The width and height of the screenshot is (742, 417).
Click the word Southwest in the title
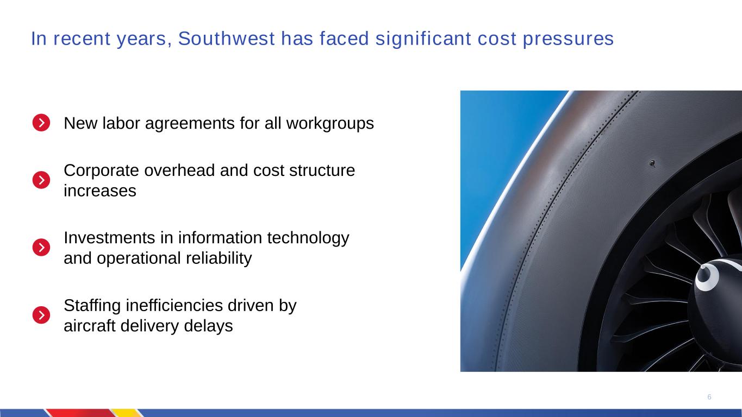point(226,39)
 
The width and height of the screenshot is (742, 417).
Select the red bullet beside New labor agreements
point(41,123)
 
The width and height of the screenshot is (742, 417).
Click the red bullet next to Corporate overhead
point(41,180)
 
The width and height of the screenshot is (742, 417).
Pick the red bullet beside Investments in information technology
point(41,247)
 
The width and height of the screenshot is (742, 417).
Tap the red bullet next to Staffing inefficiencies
point(41,315)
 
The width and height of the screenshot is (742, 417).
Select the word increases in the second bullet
point(99,191)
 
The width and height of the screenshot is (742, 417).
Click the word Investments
point(109,238)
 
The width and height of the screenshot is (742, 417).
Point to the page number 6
point(709,397)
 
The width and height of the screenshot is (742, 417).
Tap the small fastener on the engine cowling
point(652,163)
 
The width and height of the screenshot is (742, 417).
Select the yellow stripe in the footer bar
point(127,413)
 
